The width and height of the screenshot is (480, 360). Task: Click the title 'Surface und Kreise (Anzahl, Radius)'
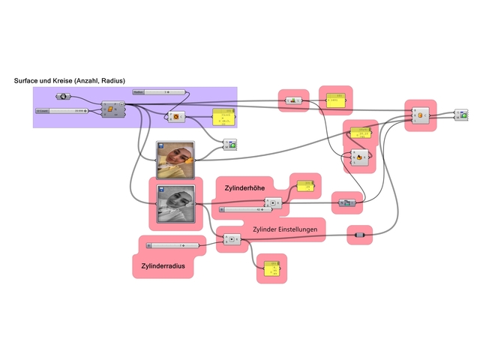69,80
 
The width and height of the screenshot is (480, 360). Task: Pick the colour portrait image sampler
175,159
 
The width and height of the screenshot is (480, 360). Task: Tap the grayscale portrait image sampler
175,205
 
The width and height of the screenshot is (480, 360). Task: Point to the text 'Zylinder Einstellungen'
289,229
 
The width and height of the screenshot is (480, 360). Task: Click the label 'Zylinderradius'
163,265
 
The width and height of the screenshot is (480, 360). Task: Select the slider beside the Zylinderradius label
172,245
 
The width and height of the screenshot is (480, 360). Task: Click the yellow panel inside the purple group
223,117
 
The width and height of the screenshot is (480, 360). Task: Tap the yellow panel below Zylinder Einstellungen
271,267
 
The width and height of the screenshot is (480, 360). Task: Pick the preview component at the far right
460,115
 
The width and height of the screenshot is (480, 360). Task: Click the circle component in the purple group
175,117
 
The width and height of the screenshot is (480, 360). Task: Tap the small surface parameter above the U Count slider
63,97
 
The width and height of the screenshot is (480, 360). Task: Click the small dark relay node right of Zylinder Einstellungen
359,235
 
